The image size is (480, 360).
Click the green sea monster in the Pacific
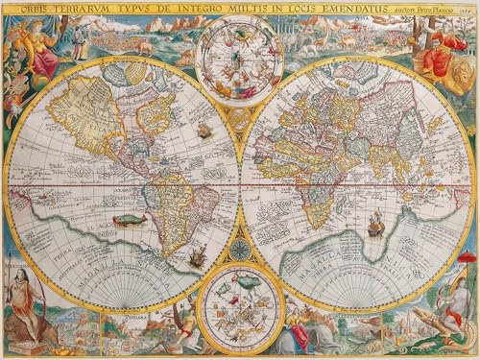coord(123,221)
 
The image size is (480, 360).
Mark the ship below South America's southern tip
coord(197,256)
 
